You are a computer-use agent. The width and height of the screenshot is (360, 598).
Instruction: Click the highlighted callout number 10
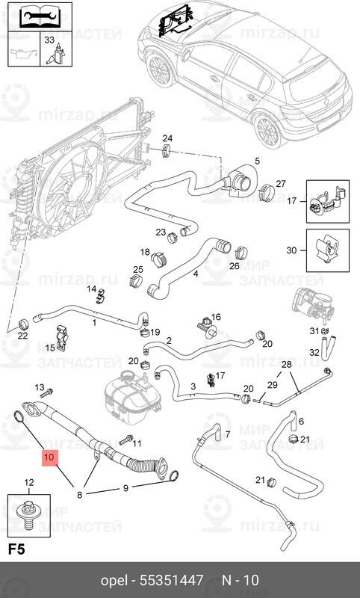[50, 457]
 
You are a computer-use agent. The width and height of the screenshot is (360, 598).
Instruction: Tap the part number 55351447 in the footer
[172, 580]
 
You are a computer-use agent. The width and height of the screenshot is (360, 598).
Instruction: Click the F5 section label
[16, 549]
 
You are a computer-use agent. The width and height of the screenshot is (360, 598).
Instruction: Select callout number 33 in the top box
[49, 40]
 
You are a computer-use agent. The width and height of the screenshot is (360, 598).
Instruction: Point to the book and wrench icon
[40, 16]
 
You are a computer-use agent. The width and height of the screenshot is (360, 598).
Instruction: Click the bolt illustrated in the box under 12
[28, 515]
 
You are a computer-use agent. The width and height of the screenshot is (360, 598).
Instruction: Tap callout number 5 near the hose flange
[257, 161]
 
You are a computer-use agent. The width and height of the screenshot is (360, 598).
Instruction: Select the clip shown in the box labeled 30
[328, 250]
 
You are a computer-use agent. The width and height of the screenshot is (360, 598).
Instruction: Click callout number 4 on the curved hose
[196, 274]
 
